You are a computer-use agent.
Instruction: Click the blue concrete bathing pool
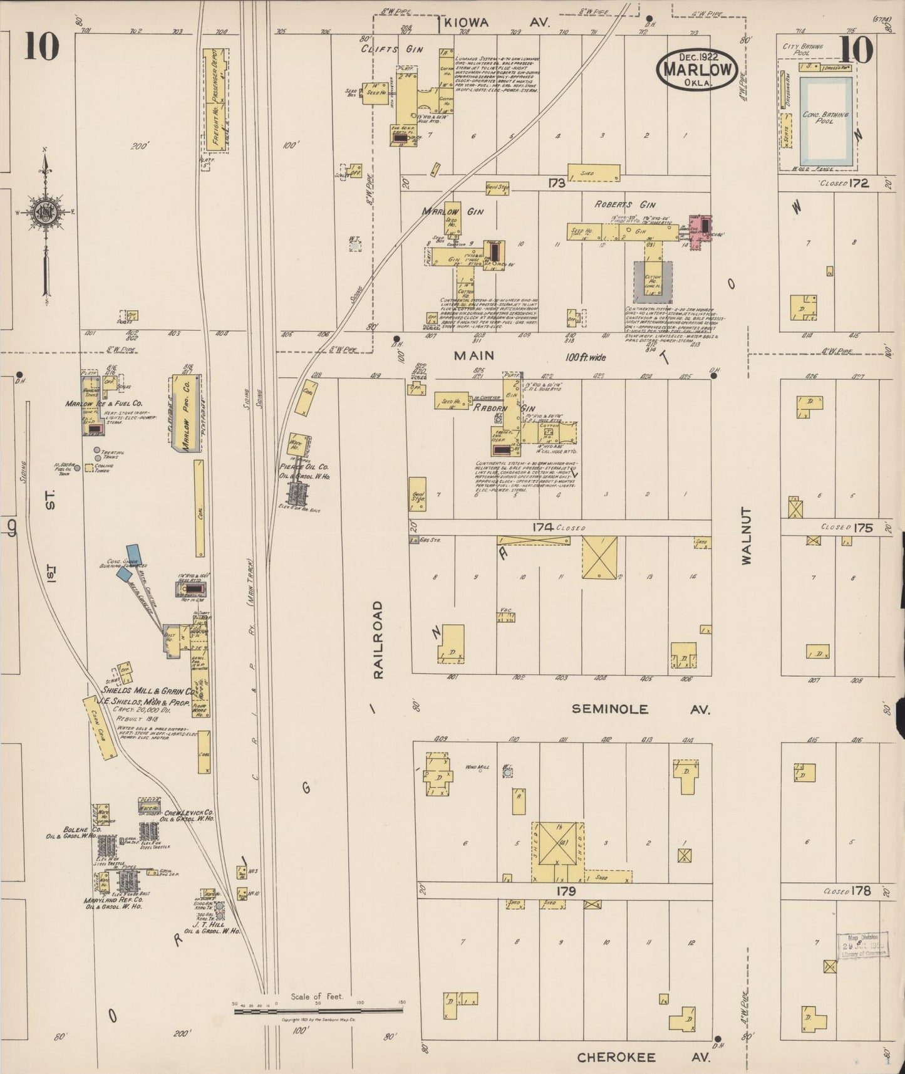[827, 120]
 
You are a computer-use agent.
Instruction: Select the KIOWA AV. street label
[495, 23]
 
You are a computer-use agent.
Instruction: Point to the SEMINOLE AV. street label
[641, 709]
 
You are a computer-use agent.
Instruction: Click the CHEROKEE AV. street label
[643, 1058]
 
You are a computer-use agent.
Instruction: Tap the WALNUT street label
[747, 538]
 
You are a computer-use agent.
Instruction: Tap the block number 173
[557, 184]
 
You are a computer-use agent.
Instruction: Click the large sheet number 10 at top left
[42, 47]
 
